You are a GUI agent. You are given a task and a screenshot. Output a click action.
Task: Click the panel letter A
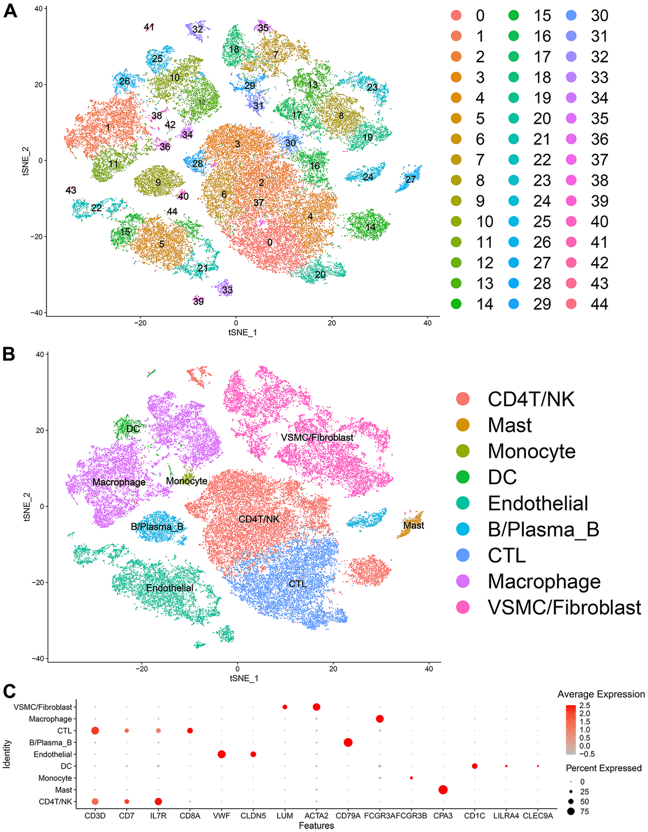10,11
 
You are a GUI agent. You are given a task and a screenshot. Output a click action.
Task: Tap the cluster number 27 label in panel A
410,179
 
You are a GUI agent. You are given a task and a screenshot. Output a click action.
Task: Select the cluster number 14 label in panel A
370,227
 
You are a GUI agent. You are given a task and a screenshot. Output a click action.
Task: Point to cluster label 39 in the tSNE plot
198,301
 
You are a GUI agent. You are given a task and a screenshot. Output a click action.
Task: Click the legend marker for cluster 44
571,304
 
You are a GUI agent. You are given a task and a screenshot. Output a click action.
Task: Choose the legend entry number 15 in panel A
542,16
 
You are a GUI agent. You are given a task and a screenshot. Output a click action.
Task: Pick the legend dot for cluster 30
571,16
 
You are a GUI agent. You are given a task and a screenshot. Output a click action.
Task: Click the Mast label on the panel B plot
414,525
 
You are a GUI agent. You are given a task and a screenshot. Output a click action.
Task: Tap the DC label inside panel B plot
133,429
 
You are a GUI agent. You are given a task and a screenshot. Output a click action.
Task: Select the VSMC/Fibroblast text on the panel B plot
317,437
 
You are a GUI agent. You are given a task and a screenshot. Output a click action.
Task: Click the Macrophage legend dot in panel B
463,581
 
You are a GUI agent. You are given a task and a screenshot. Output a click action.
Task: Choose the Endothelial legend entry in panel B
538,503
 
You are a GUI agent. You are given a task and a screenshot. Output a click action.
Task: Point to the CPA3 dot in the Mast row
443,790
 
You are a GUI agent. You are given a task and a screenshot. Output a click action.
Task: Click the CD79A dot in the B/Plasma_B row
348,742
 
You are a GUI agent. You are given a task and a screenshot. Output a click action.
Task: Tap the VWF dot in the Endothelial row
221,754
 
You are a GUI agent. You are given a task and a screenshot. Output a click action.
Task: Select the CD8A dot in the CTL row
190,730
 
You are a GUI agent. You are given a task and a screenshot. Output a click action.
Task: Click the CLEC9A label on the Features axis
538,816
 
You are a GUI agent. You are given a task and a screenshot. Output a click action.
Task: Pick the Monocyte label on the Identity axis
55,778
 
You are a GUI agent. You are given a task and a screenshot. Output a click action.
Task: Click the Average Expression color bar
570,729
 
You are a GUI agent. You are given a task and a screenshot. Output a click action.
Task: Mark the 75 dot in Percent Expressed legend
570,811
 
